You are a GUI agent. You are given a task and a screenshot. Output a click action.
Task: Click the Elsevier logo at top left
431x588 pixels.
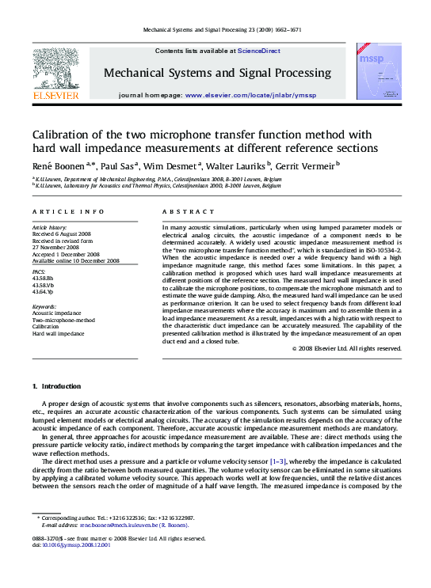coord(55,75)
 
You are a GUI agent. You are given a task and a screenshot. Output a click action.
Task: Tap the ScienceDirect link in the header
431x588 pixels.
coord(260,51)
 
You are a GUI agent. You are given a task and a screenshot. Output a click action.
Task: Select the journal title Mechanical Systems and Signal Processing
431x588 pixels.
coord(217,73)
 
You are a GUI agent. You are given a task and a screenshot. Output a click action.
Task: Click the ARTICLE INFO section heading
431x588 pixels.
coord(68,212)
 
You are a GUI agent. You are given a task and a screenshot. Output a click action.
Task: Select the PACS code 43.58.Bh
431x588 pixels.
coord(44,279)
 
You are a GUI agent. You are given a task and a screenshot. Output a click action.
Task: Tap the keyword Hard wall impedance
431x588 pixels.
coord(58,334)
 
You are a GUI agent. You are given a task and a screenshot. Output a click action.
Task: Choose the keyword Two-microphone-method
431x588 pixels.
coord(63,320)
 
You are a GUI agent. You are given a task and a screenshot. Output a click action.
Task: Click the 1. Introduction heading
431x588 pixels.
coord(55,386)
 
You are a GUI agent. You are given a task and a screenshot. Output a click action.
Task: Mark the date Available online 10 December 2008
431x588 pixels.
coord(75,260)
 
